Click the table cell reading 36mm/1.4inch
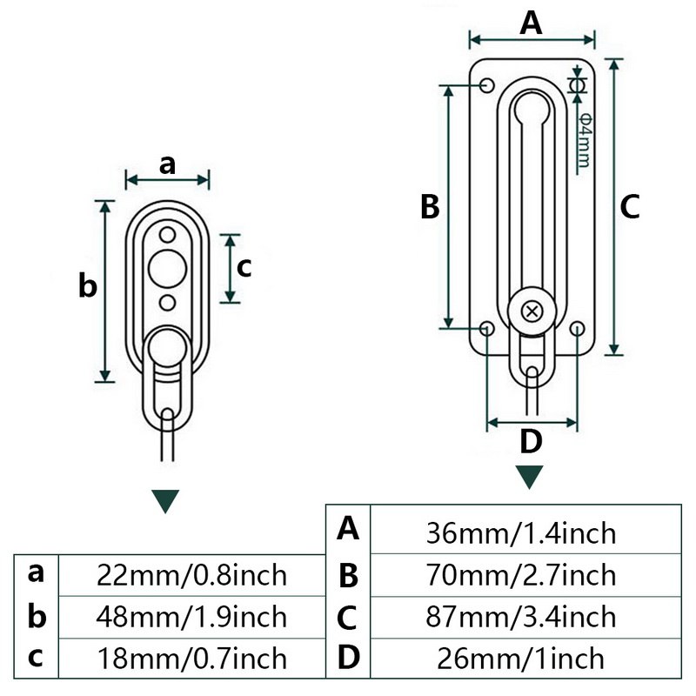coord(522,532)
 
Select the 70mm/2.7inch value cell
coord(522,574)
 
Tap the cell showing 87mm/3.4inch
coord(522,616)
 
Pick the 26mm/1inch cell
coord(522,658)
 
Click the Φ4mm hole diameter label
coord(584,139)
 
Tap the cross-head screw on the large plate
coord(532,311)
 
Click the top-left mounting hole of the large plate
coord(487,85)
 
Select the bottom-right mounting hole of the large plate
coord(578,329)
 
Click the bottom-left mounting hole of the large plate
coord(487,329)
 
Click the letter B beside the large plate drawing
coord(430,208)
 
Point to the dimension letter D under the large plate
coord(531,442)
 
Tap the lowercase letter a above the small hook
coord(168,163)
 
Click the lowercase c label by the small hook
coord(244,268)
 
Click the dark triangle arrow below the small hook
coord(165,501)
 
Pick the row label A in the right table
coord(348,527)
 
